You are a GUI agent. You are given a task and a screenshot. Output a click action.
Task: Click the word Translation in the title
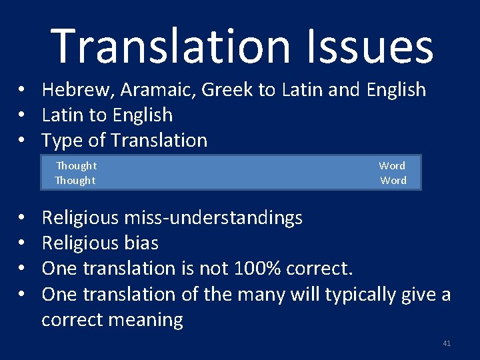[170, 46]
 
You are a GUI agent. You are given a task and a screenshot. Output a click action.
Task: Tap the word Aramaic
[158, 90]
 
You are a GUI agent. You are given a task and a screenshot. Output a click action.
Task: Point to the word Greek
[227, 89]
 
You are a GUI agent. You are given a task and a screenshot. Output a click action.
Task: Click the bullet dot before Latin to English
[21, 115]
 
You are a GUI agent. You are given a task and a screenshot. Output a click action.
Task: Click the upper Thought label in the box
[76, 165]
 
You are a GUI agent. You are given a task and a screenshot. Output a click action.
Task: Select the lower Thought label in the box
[75, 180]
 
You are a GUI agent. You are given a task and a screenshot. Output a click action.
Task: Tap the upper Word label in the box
[392, 165]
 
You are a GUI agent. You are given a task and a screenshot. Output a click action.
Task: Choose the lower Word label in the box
[393, 180]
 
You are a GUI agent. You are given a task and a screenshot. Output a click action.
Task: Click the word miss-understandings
[213, 218]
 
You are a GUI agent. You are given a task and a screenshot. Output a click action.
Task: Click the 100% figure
[257, 268]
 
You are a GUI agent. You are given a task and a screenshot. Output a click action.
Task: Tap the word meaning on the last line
[146, 321]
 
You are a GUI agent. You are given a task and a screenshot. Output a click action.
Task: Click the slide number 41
[447, 343]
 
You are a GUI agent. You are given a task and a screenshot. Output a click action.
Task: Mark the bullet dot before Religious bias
[21, 243]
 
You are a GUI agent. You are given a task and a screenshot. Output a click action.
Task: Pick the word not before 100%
[214, 268]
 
